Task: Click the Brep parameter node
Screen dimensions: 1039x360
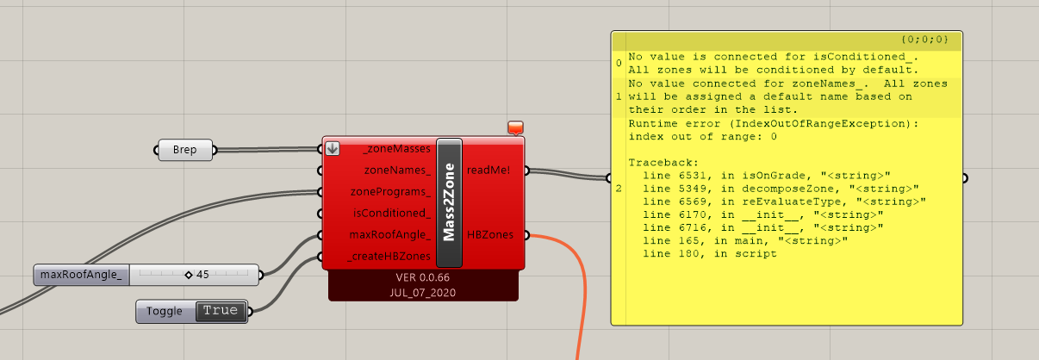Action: [x=185, y=150]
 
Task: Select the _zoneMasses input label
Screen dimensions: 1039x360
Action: [x=397, y=149]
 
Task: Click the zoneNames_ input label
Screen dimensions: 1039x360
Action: [x=397, y=171]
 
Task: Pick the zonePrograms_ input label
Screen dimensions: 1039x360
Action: [x=390, y=191]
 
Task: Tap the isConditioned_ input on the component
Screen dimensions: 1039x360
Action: [x=392, y=213]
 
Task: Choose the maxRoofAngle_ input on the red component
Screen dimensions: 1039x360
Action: [x=390, y=235]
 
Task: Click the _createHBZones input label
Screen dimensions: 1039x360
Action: [x=389, y=256]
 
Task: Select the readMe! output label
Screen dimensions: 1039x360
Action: [x=488, y=171]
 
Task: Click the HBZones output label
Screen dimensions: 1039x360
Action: [x=490, y=235]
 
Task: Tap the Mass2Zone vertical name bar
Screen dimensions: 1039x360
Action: [x=449, y=202]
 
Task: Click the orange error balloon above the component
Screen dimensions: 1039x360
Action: [x=515, y=127]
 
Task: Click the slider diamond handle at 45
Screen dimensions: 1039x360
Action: [x=189, y=275]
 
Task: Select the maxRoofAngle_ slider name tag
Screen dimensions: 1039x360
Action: [x=81, y=275]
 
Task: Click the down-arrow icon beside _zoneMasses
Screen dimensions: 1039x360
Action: [x=332, y=148]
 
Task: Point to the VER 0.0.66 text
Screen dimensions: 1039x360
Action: [x=422, y=277]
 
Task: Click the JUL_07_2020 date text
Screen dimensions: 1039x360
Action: [x=422, y=293]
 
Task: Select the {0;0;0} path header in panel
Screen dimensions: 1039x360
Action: [x=925, y=40]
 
